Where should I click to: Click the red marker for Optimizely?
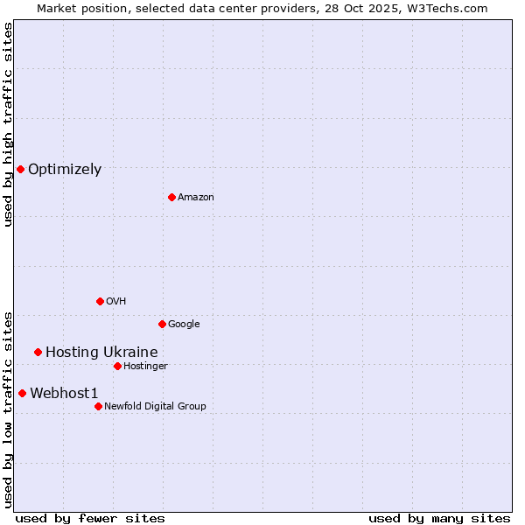(x=20, y=169)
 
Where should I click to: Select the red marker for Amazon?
(x=171, y=197)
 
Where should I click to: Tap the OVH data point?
(x=100, y=301)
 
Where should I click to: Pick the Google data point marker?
(x=162, y=324)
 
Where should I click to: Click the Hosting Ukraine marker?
(x=38, y=352)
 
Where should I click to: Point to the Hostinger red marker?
(x=117, y=366)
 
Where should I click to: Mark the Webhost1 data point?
(x=22, y=393)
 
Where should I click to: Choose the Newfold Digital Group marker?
(x=98, y=406)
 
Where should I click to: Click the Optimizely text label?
(x=65, y=170)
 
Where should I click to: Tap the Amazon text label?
(x=195, y=198)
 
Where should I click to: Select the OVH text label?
(x=115, y=302)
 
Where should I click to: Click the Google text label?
(x=184, y=325)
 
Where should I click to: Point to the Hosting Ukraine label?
(x=101, y=353)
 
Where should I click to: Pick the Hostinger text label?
(x=145, y=367)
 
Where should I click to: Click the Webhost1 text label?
(x=64, y=394)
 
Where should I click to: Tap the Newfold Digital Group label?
(x=155, y=407)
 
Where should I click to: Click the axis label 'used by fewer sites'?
(x=90, y=518)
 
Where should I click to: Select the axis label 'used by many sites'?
(x=439, y=518)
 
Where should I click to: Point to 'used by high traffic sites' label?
(x=8, y=124)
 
